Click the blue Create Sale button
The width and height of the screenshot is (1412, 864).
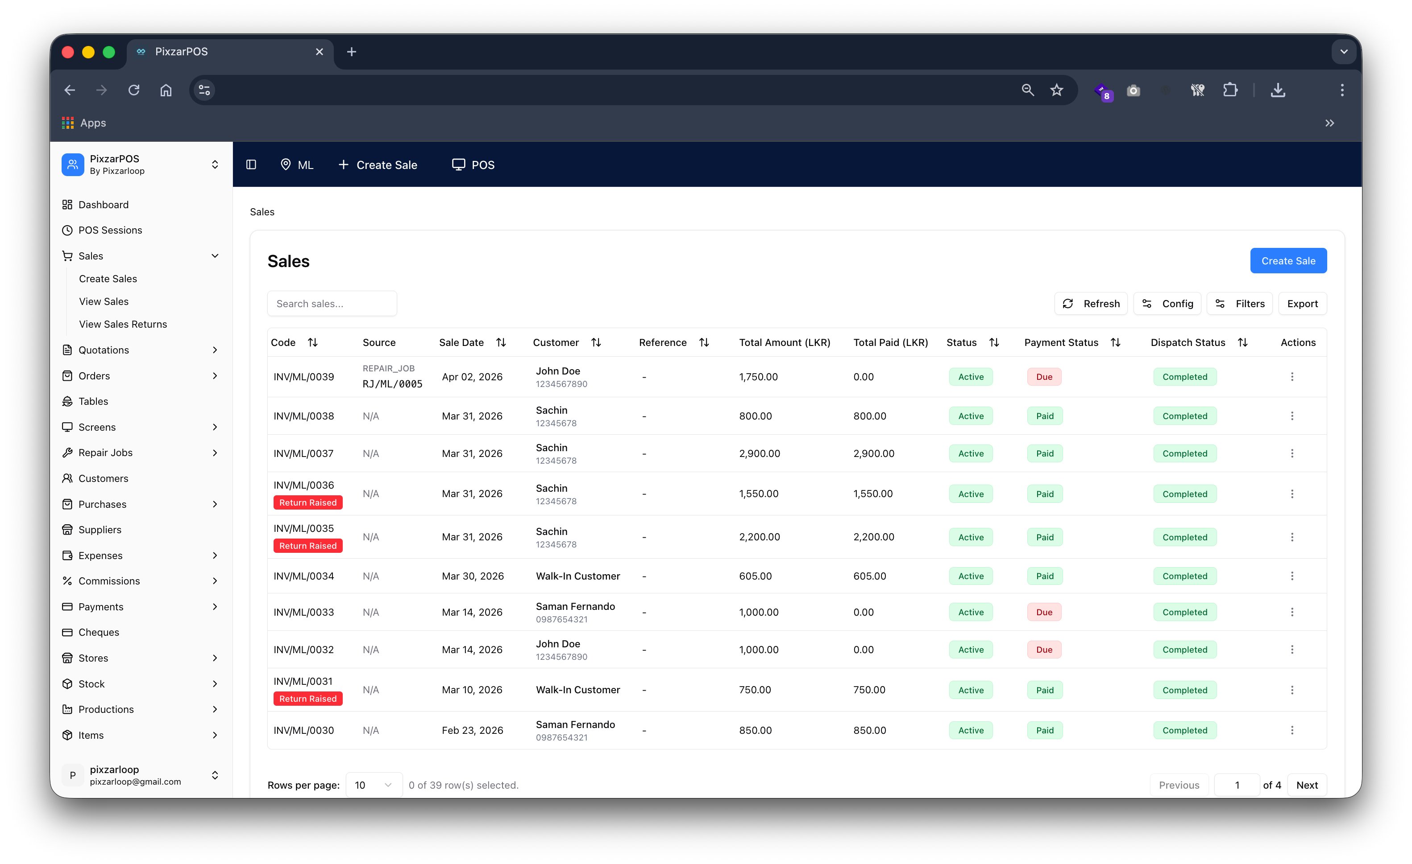[x=1287, y=260]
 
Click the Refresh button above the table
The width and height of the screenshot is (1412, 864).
[x=1091, y=304]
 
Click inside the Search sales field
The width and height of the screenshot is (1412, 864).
[x=332, y=304]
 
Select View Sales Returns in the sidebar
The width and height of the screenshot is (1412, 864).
[x=123, y=324]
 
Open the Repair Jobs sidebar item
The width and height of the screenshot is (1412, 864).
[x=105, y=453]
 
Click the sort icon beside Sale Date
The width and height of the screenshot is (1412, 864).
[x=501, y=342]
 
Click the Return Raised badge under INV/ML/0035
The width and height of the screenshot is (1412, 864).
[x=308, y=546]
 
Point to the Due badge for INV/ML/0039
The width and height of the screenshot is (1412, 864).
[x=1043, y=377]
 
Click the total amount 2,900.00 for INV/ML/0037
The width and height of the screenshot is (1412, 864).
[x=759, y=453]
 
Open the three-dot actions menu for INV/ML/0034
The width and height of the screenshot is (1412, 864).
[x=1292, y=576]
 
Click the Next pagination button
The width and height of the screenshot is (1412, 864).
[x=1307, y=785]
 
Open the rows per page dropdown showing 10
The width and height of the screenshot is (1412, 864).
[x=373, y=785]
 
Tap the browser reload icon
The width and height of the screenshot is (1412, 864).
[x=134, y=90]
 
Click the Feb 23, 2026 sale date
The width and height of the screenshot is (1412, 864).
[x=472, y=730]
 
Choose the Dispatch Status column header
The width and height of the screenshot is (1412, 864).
[x=1188, y=342]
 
